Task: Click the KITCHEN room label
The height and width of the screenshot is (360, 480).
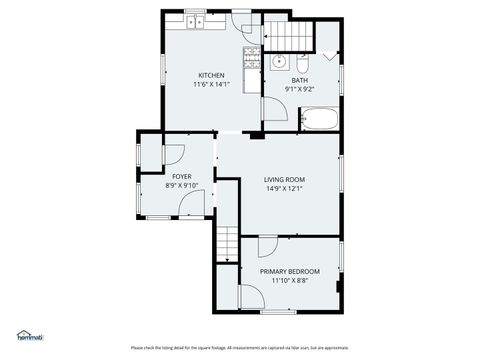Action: (211, 75)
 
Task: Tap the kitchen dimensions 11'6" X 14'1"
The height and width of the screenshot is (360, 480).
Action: (211, 84)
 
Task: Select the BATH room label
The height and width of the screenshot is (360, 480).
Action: (300, 80)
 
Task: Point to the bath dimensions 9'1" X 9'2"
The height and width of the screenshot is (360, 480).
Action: (300, 89)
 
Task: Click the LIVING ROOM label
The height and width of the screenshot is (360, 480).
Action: (284, 179)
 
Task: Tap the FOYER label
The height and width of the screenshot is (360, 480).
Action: (181, 176)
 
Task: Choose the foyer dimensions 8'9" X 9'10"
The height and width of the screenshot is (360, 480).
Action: (181, 185)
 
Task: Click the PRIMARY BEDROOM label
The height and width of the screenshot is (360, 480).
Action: (290, 272)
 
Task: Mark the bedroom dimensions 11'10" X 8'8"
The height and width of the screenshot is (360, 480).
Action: (290, 281)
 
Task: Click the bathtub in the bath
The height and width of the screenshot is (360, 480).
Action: (320, 121)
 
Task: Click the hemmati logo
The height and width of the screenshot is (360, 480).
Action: (30, 337)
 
